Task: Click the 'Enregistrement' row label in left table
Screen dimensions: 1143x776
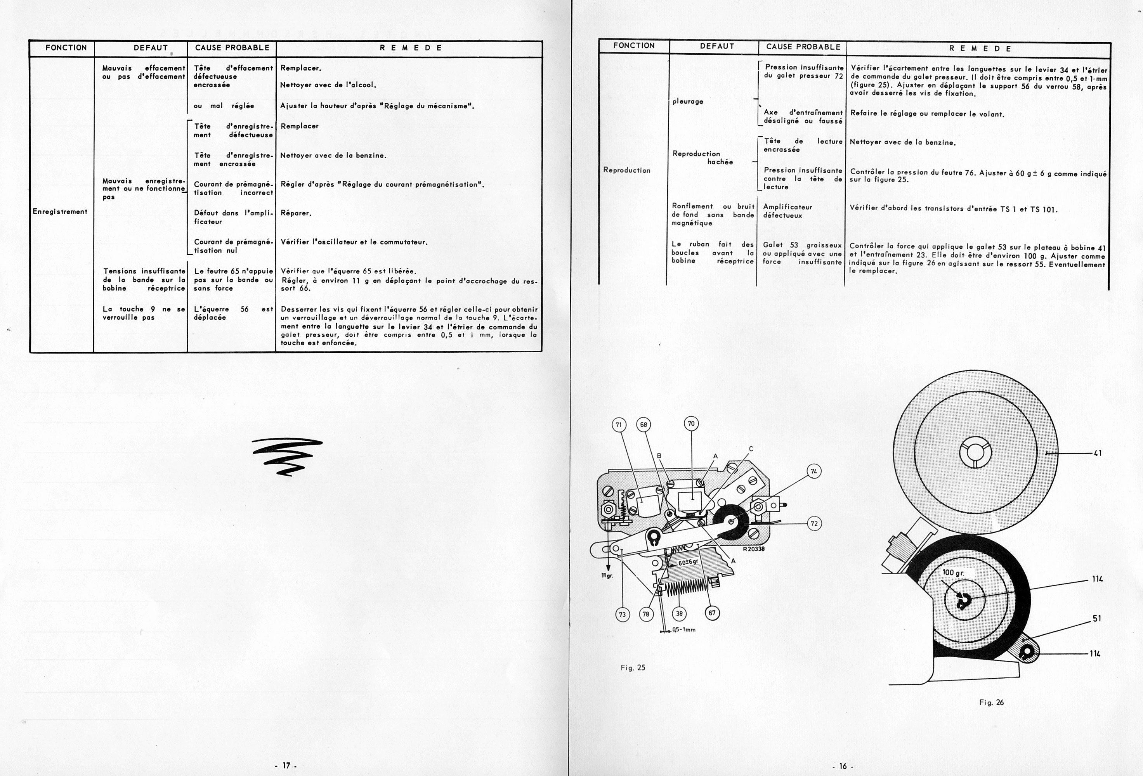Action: (60, 212)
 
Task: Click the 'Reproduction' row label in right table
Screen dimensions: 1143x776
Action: (626, 170)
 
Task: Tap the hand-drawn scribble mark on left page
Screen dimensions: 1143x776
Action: (287, 456)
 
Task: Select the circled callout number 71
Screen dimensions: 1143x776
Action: (619, 424)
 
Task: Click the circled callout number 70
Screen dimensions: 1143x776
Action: (691, 423)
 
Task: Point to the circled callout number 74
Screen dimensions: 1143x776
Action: (814, 471)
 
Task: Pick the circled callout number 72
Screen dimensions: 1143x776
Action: (814, 523)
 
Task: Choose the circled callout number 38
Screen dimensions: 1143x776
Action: (679, 613)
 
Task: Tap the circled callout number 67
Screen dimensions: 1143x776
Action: (712, 613)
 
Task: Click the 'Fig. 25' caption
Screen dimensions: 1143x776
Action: (633, 668)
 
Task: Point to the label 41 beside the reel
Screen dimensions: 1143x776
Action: (1097, 453)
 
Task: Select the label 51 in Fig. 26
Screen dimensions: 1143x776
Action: (1096, 618)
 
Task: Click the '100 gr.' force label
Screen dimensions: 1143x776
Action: (953, 573)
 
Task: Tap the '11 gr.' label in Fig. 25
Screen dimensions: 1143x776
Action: (607, 576)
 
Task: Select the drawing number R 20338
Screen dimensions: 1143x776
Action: (753, 549)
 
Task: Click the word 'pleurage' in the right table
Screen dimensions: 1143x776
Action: (688, 101)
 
